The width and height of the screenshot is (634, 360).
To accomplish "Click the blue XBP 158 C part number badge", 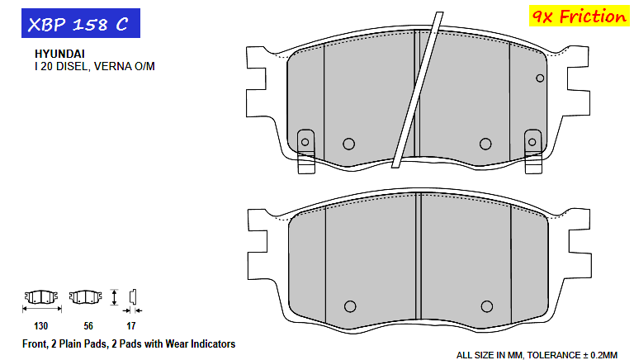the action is pos(81,23).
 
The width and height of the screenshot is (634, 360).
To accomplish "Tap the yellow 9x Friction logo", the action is pos(579,17).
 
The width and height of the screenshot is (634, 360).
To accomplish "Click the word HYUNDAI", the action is pos(59,54).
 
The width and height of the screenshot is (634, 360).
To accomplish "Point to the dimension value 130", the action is pos(40,326).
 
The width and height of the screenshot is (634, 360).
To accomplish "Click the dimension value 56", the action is pos(88,326).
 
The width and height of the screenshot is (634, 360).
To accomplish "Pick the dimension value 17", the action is pos(130,326).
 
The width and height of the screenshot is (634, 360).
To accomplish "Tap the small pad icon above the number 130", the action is pos(41,297).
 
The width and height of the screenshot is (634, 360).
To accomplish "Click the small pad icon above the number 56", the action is pos(85,297).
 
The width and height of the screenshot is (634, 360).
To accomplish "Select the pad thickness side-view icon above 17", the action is pos(133,297).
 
